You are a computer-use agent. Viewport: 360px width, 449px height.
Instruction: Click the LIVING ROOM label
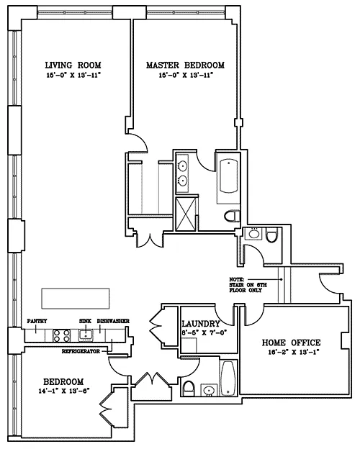[73, 65]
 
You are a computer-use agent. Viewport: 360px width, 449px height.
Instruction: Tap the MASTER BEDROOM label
[185, 65]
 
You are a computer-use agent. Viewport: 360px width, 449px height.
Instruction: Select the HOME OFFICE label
[291, 343]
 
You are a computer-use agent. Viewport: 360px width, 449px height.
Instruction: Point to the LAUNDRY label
[201, 324]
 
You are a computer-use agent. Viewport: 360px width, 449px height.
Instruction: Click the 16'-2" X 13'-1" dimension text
[294, 353]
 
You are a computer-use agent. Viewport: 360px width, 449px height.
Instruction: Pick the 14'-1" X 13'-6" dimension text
[64, 391]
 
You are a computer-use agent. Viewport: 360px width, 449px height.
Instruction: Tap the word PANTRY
[37, 321]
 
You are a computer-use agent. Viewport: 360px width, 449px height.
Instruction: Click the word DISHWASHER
[113, 321]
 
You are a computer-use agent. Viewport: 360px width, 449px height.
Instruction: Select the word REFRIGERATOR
[81, 351]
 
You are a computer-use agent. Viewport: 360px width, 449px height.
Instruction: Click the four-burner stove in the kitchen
[62, 335]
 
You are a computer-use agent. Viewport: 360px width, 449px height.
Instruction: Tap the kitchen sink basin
[86, 335]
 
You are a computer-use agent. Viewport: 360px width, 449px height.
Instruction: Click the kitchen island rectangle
[76, 299]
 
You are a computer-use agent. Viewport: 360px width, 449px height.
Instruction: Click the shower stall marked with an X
[186, 214]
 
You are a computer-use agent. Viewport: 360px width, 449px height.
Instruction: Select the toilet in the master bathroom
[232, 216]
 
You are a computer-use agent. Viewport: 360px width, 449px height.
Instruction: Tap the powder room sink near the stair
[254, 233]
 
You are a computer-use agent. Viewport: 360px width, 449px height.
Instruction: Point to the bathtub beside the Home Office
[228, 378]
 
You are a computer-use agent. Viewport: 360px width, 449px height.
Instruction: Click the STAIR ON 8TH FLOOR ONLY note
[248, 285]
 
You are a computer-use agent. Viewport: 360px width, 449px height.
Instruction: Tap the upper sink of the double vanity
[183, 165]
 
